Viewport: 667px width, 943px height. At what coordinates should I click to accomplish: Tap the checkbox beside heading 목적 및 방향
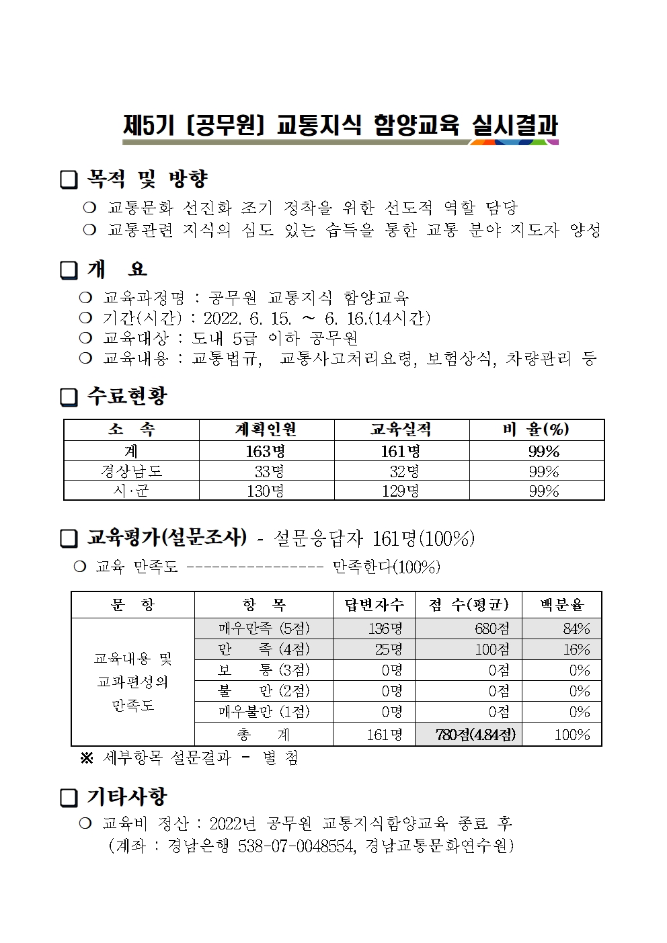click(69, 179)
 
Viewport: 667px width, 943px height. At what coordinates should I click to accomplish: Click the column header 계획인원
click(266, 429)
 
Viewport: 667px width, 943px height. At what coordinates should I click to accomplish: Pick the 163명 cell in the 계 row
click(266, 451)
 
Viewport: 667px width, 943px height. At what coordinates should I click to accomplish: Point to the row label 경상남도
click(131, 471)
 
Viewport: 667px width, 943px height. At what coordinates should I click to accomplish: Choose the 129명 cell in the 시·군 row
click(401, 491)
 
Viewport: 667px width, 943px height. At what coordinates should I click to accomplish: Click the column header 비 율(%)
click(536, 429)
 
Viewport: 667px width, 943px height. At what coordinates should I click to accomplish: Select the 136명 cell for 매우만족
click(385, 629)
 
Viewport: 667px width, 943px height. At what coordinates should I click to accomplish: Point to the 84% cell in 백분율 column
click(576, 629)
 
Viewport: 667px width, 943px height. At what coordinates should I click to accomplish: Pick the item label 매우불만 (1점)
click(264, 712)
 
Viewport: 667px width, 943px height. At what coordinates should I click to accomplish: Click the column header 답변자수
click(374, 605)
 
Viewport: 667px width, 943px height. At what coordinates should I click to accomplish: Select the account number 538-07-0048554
click(297, 846)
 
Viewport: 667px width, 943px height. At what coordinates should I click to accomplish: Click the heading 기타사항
click(126, 797)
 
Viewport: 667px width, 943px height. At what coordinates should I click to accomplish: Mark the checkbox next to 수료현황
click(69, 397)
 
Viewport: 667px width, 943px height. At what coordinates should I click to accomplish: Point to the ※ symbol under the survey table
click(87, 758)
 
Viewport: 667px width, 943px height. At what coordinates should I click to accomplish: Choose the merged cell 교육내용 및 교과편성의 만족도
click(132, 682)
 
